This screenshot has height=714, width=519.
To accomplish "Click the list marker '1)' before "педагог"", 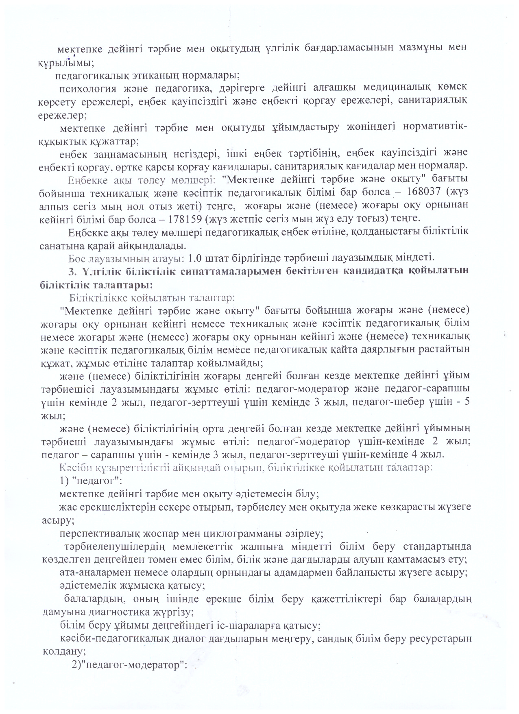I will tap(65, 480).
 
